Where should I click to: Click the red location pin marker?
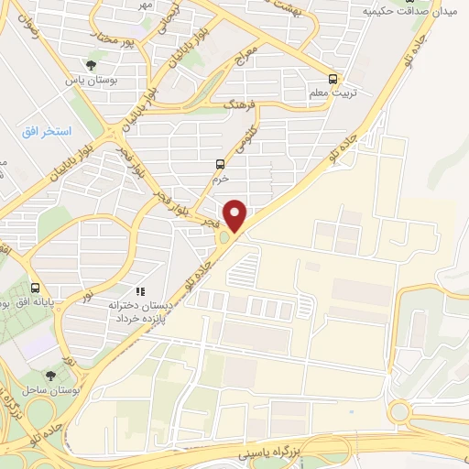(236, 215)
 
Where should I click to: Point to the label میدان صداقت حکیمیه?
(410, 11)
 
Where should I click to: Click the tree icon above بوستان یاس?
(92, 64)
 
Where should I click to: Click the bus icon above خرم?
(219, 164)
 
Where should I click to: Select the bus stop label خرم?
(219, 179)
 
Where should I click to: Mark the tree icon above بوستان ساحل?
(50, 375)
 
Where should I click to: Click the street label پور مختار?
(120, 40)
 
